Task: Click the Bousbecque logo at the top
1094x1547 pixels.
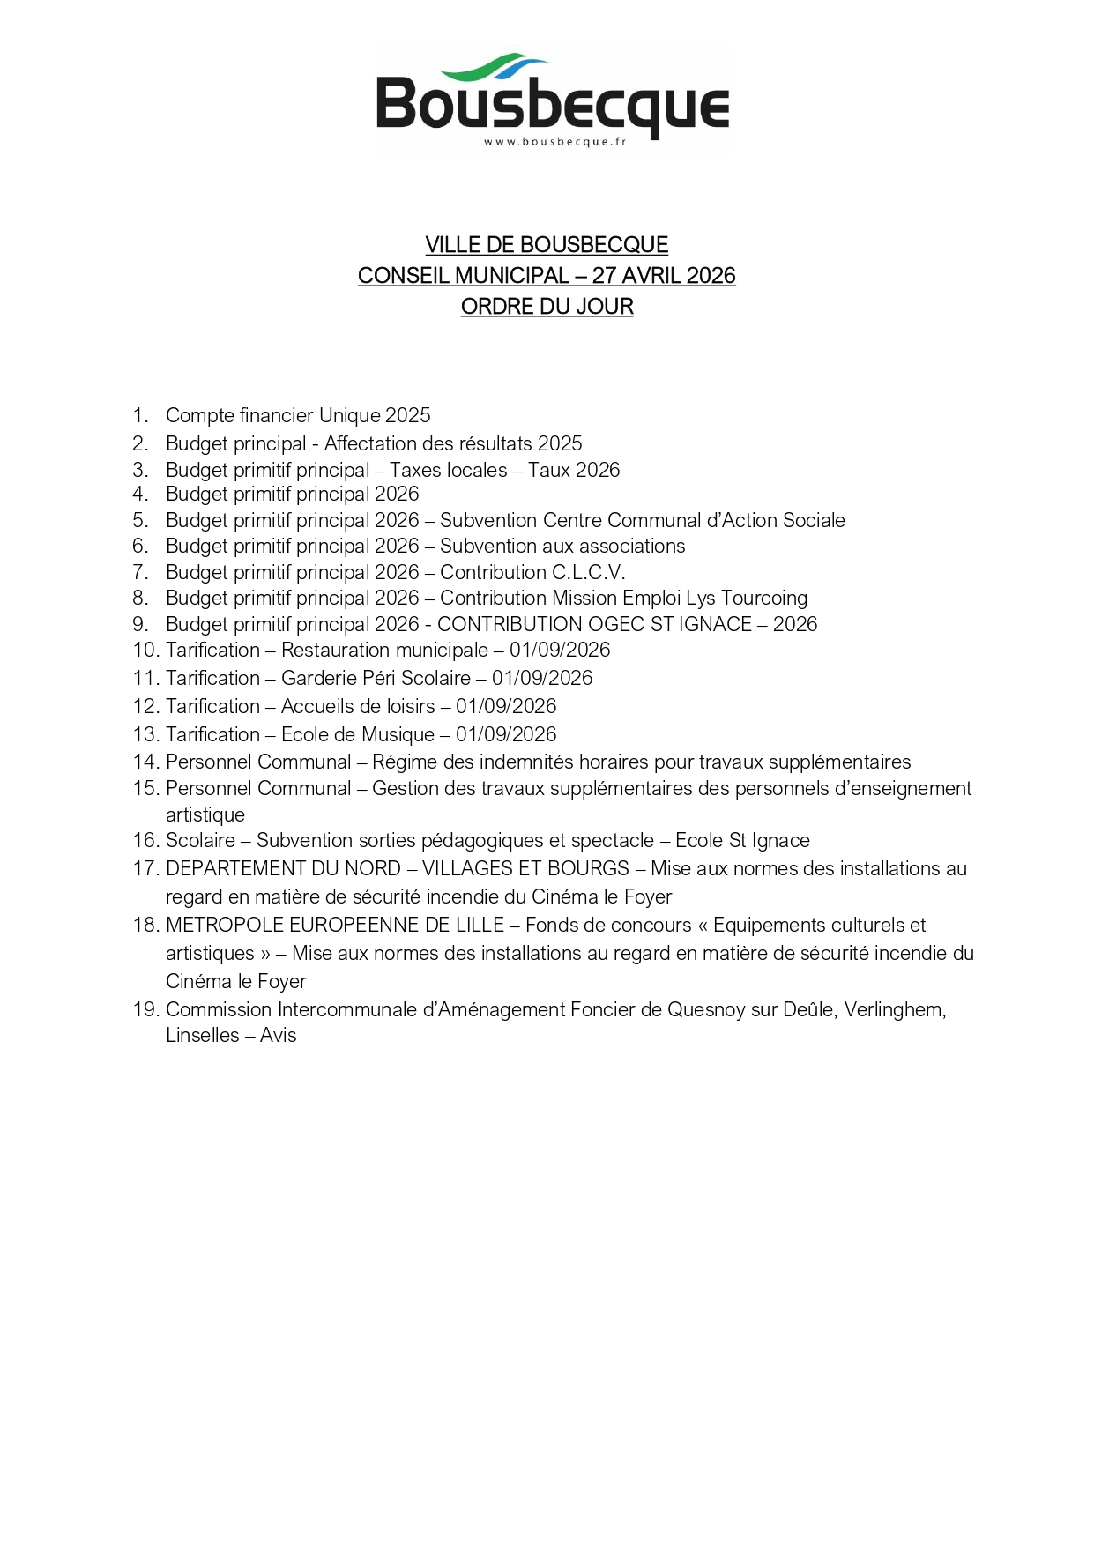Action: (552, 100)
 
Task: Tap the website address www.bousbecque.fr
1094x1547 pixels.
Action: (554, 143)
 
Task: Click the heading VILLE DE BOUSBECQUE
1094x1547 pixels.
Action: (547, 245)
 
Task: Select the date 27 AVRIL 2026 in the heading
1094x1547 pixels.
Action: (663, 276)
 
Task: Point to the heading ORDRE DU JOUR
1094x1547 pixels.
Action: (547, 307)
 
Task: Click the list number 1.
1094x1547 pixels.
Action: (139, 415)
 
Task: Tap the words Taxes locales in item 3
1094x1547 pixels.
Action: (449, 470)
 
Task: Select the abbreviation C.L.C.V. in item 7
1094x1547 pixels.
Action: (588, 572)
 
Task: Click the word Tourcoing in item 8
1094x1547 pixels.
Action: (764, 598)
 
